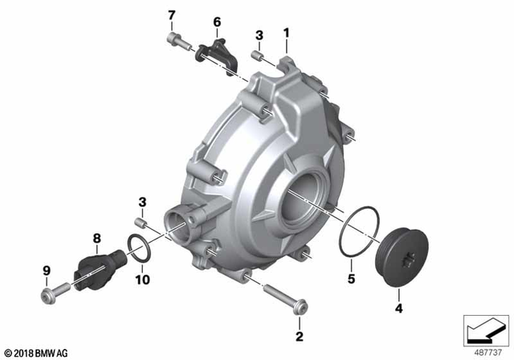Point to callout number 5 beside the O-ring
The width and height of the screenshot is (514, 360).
point(349,279)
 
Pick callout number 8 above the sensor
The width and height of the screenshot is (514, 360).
point(96,238)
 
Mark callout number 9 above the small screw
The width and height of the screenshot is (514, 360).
point(46,270)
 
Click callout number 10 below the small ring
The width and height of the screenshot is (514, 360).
point(142,280)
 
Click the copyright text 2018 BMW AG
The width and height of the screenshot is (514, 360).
point(37,353)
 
